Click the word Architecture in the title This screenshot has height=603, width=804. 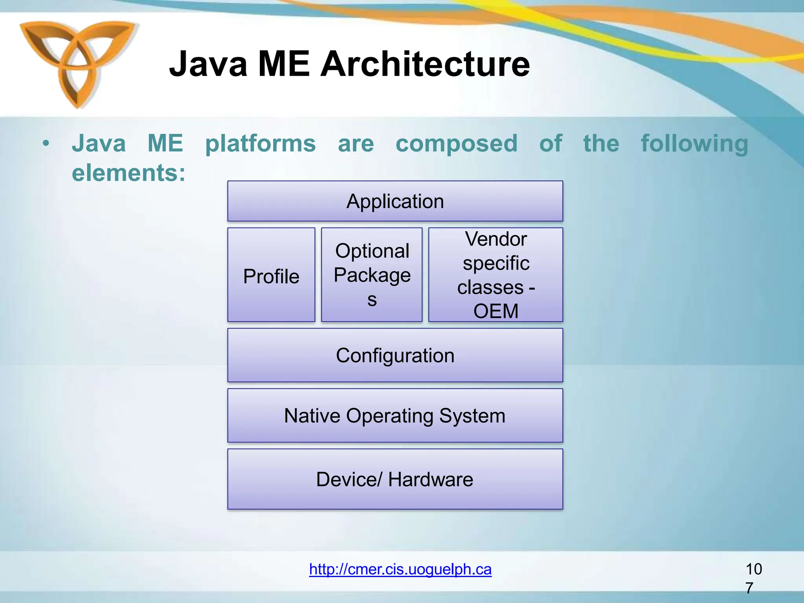pyautogui.click(x=425, y=64)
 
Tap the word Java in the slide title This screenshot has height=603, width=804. pyautogui.click(x=208, y=64)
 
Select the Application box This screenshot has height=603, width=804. pyautogui.click(x=395, y=201)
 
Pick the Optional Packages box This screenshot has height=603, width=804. pyautogui.click(x=372, y=275)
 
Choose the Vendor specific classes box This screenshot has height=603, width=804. pyautogui.click(x=495, y=275)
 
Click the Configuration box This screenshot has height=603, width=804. pyautogui.click(x=395, y=355)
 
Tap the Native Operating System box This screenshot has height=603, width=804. pyautogui.click(x=395, y=416)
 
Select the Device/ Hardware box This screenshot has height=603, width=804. pyautogui.click(x=395, y=479)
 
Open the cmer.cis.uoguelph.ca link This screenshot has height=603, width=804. pyautogui.click(x=400, y=569)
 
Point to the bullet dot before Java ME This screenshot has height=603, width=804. pyautogui.click(x=46, y=144)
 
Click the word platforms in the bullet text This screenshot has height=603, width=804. pyautogui.click(x=260, y=144)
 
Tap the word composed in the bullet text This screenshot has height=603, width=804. pyautogui.click(x=456, y=144)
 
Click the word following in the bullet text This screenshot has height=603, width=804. pyautogui.click(x=694, y=144)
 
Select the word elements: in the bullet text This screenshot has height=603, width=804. pyautogui.click(x=128, y=173)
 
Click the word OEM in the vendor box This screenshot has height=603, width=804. pyautogui.click(x=495, y=311)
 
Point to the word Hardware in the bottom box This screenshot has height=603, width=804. pyautogui.click(x=430, y=479)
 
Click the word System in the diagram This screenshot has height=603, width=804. pyautogui.click(x=472, y=416)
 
